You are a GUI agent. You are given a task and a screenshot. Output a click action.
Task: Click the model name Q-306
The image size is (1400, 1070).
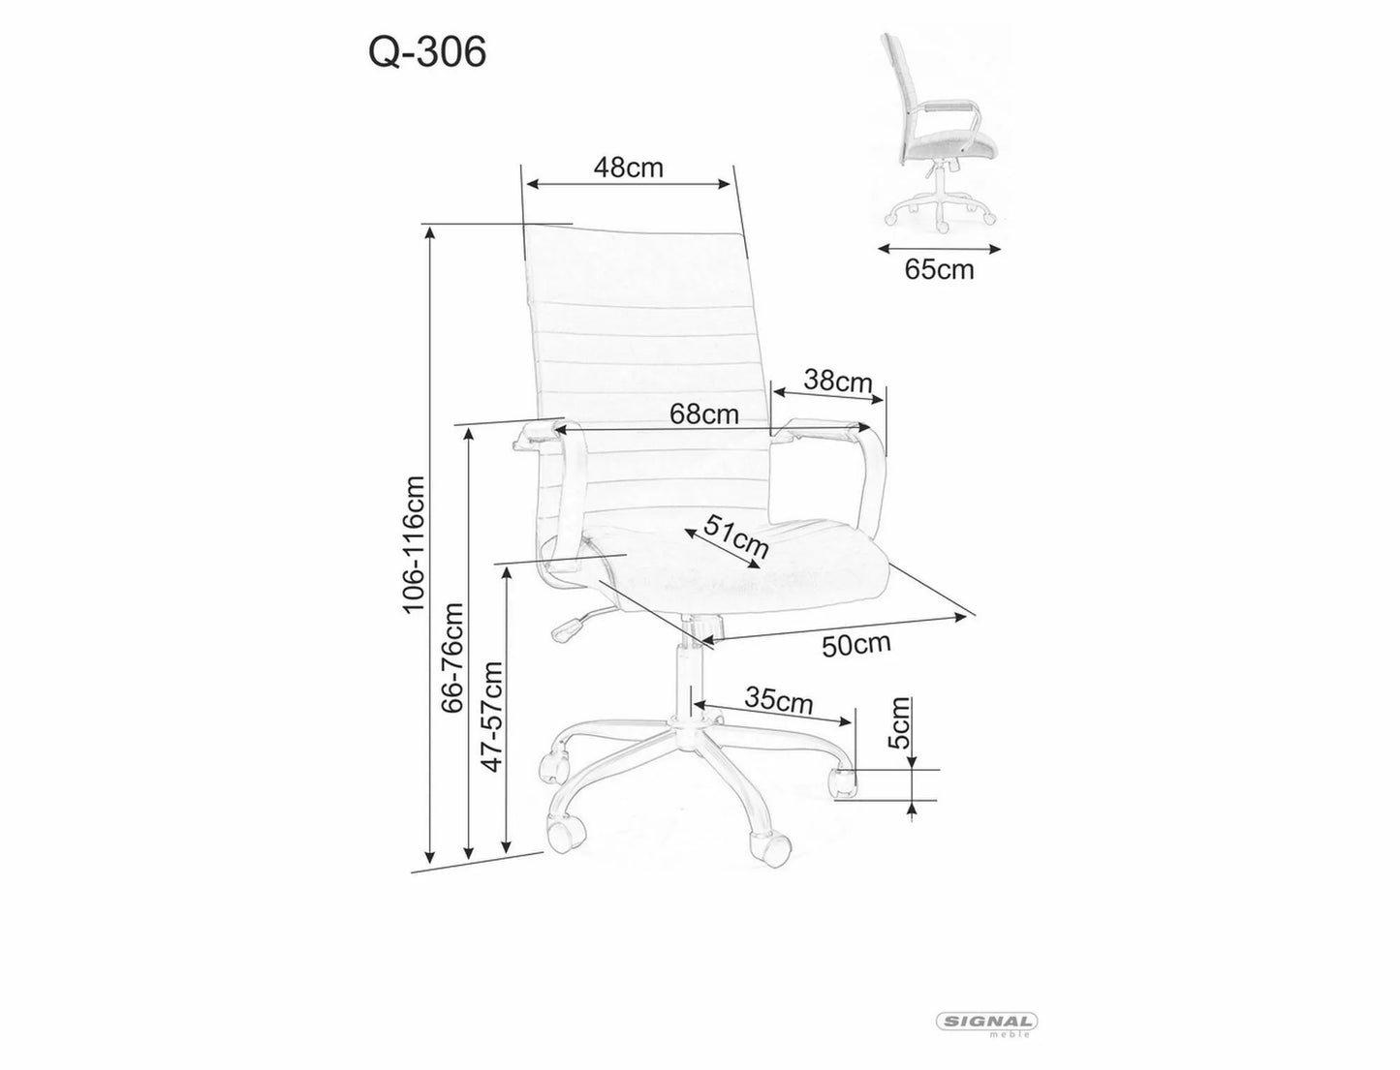click(x=426, y=54)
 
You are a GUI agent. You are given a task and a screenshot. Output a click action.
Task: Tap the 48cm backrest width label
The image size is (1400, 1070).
click(x=628, y=168)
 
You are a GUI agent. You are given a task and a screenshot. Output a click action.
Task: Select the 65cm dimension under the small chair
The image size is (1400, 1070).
click(x=939, y=269)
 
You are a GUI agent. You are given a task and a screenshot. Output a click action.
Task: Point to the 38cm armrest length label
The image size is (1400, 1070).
click(x=839, y=382)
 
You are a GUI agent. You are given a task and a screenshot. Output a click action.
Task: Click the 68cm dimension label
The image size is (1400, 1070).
click(x=704, y=414)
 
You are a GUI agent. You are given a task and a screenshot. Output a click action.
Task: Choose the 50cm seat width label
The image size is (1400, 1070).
click(x=856, y=643)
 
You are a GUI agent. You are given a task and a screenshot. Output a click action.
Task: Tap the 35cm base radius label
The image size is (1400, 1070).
click(x=778, y=699)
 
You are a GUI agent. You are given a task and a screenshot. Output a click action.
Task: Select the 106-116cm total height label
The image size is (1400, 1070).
click(x=414, y=543)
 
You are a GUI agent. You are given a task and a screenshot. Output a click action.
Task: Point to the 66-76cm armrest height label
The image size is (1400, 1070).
click(x=451, y=657)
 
